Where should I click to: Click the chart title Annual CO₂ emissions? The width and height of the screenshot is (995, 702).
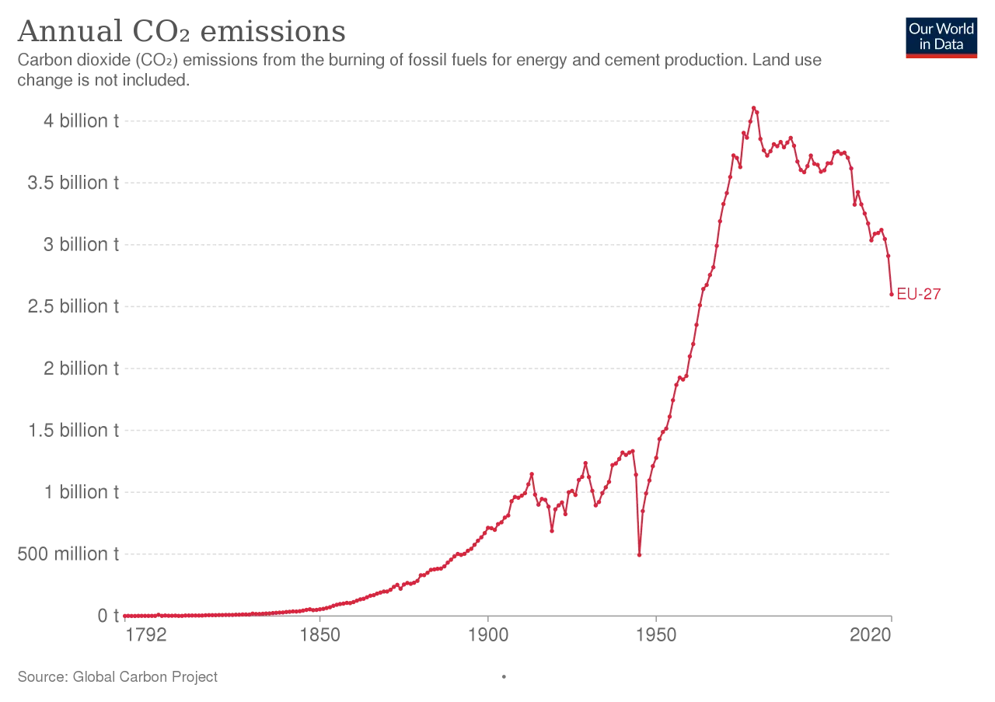181,32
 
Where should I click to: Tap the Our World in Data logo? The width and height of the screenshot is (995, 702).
941,37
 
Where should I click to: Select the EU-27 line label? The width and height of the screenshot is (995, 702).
919,294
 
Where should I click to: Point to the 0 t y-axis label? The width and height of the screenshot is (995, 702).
107,616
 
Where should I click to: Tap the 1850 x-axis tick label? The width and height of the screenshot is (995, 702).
319,635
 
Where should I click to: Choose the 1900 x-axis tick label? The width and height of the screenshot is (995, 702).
487,635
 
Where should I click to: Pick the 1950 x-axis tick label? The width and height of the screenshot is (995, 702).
656,635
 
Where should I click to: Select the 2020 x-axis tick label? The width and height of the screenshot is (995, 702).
870,635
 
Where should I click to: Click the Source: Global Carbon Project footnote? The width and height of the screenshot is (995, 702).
117,676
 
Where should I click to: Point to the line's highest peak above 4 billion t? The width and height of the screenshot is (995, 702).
753,108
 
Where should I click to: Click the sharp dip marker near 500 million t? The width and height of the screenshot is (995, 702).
639,554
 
